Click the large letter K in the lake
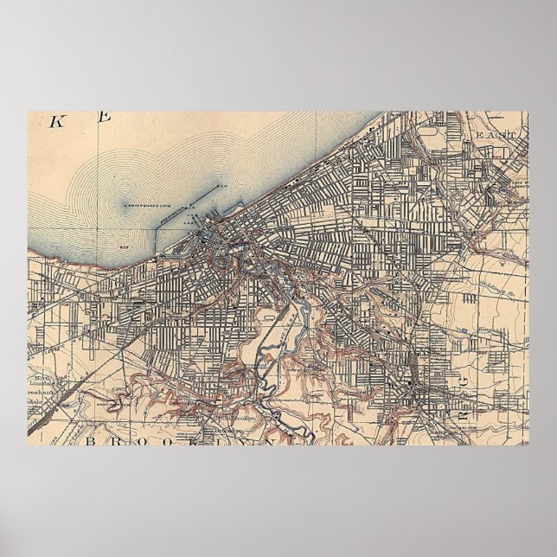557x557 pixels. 56,121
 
